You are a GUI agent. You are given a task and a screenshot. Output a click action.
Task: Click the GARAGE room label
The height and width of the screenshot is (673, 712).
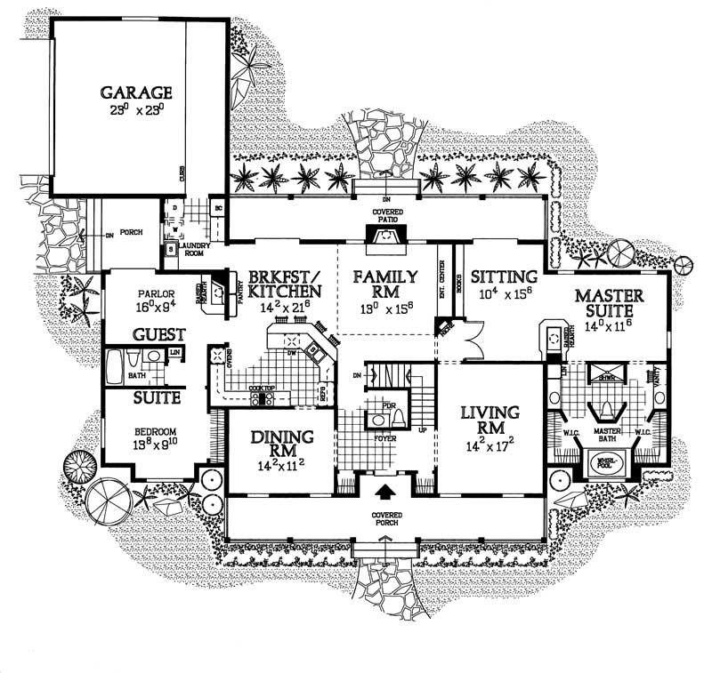tap(135, 92)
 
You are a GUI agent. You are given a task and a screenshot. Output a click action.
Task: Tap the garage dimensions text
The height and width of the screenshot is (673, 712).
tap(135, 113)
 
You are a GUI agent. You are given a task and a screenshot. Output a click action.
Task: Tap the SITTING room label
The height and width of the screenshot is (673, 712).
tap(504, 276)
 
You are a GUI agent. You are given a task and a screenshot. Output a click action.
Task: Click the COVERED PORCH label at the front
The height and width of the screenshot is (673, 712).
tap(386, 520)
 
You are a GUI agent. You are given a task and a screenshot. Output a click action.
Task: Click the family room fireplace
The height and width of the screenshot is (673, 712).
tap(384, 237)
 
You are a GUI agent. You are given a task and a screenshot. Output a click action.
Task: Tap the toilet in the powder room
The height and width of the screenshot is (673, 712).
tap(399, 416)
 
